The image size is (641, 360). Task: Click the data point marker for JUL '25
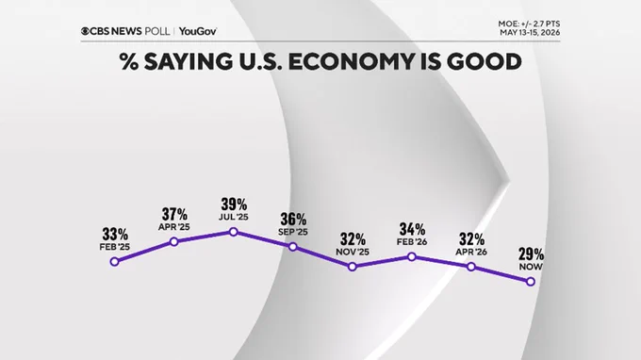pos(234,232)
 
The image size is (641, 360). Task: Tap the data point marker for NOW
pos(531,282)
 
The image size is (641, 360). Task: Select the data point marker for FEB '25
pos(114,262)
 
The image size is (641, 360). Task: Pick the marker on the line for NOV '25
pos(353,267)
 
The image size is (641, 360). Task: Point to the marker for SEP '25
pos(293,247)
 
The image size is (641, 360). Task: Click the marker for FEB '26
pos(412,256)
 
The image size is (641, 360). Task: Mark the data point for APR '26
pos(471,267)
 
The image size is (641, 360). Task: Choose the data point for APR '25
pos(173,242)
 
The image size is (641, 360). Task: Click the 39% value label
pos(234,204)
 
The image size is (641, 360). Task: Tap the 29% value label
pos(531,254)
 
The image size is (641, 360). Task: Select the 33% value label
pos(115,235)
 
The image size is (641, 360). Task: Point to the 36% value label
pos(293,220)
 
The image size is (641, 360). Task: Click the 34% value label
pos(412,229)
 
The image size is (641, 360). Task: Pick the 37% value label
pos(174,214)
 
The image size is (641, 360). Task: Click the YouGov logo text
pos(198,31)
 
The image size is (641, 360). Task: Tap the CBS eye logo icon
pos(85,31)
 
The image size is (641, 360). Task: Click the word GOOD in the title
pos(484,61)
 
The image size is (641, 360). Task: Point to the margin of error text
pos(529,24)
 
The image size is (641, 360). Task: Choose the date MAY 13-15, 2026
pos(530,33)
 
